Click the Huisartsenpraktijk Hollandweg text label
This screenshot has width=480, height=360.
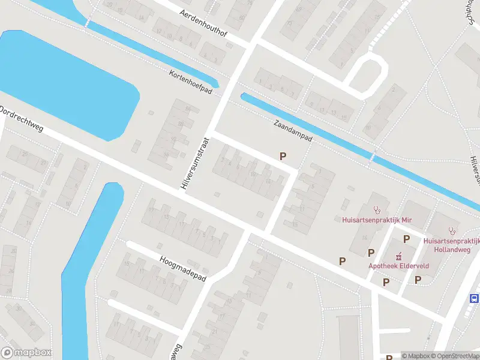pyautogui.click(x=451, y=244)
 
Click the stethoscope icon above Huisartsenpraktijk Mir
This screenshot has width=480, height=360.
pyautogui.click(x=377, y=210)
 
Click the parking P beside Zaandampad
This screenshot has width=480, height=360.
pyautogui.click(x=283, y=156)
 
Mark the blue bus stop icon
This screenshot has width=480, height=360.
pyautogui.click(x=474, y=298)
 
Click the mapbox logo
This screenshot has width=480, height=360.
pyautogui.click(x=26, y=353)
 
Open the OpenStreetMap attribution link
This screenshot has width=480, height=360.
pyautogui.click(x=457, y=356)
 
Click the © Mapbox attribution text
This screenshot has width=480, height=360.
pyautogui.click(x=416, y=356)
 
